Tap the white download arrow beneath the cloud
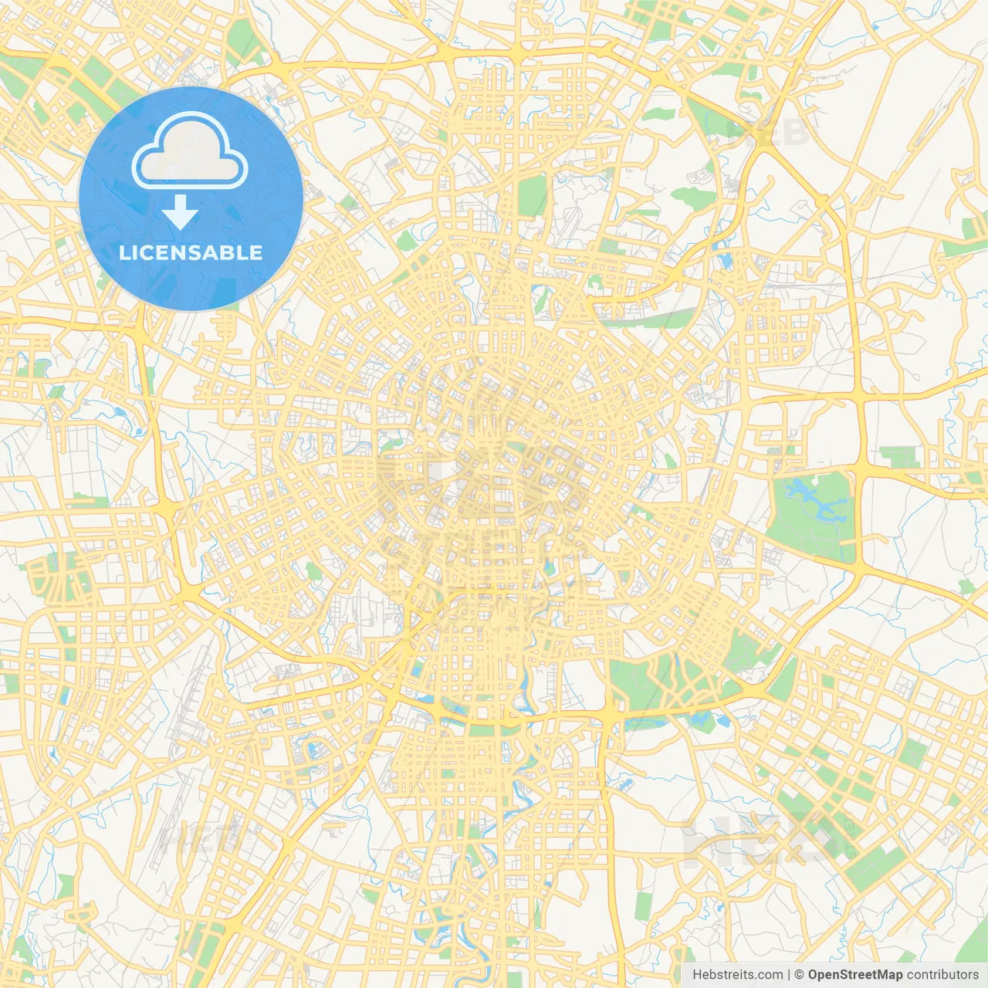pos(180,212)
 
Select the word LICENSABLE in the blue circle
pos(191,253)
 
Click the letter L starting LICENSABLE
pos(123,253)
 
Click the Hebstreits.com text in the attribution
pos(737,975)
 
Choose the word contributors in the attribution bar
pos(942,975)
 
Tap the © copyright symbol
pos(800,975)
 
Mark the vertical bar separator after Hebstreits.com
pos(789,975)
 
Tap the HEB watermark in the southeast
pos(764,841)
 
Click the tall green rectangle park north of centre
pos(532,195)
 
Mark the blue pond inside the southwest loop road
pos(314,748)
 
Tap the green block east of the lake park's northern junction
pos(899,456)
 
